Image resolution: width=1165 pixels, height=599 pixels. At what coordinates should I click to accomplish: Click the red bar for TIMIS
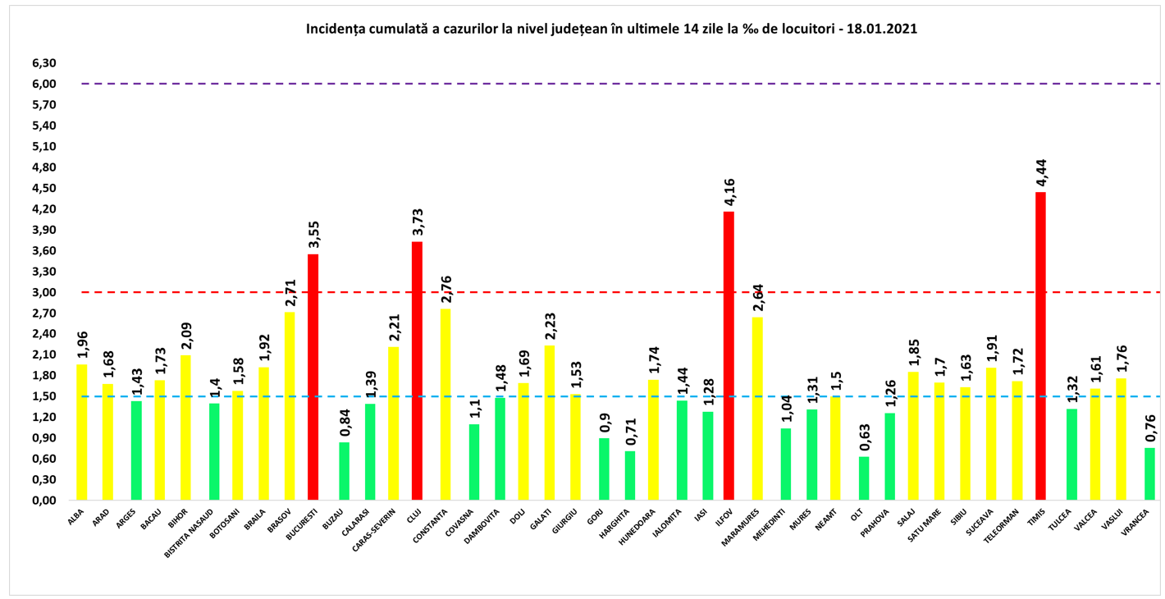1040,345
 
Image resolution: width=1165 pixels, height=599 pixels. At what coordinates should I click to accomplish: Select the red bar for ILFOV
729,355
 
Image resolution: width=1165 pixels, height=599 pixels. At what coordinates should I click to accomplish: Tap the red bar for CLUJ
417,370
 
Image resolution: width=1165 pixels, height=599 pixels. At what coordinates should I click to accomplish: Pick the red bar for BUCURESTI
313,377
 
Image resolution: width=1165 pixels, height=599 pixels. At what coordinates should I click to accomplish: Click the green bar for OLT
863,478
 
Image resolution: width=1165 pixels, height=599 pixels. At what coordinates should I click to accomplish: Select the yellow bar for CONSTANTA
445,404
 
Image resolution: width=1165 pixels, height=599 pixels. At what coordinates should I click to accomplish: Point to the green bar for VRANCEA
1149,473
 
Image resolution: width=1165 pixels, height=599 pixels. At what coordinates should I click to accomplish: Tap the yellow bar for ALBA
81,432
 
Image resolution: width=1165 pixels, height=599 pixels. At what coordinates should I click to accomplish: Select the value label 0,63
863,437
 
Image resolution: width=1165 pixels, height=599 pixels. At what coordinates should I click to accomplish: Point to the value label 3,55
313,232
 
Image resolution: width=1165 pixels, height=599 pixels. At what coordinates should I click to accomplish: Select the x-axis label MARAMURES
745,525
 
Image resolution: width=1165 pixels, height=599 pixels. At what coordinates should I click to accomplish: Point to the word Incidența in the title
336,29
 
